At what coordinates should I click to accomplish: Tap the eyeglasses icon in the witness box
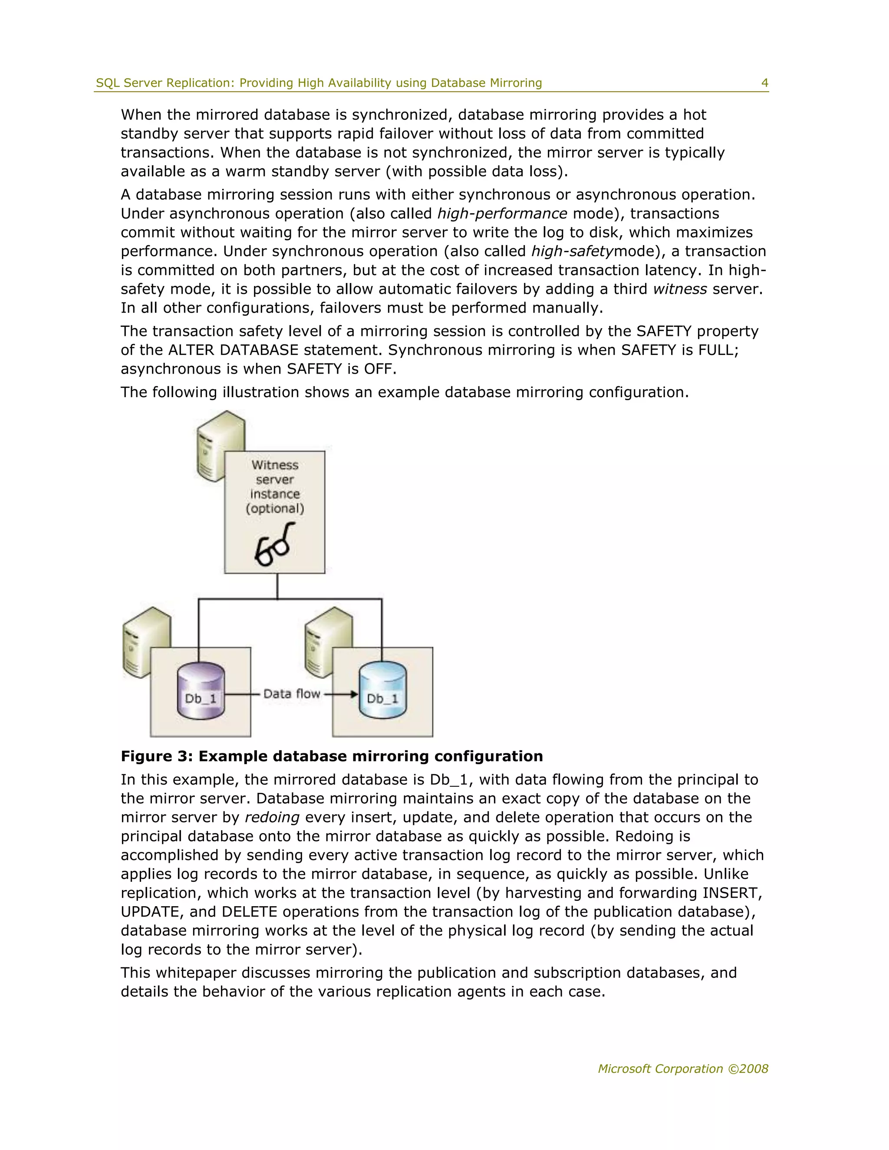(x=273, y=545)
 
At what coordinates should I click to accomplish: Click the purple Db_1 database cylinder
(x=201, y=690)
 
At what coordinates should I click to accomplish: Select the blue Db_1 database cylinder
(x=382, y=690)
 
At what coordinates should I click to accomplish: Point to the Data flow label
(x=292, y=694)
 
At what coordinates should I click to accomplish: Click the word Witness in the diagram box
(x=275, y=465)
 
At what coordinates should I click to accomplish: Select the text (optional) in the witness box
(x=275, y=509)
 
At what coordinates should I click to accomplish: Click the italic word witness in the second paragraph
(x=680, y=289)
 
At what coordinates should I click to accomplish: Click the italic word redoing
(x=272, y=817)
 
